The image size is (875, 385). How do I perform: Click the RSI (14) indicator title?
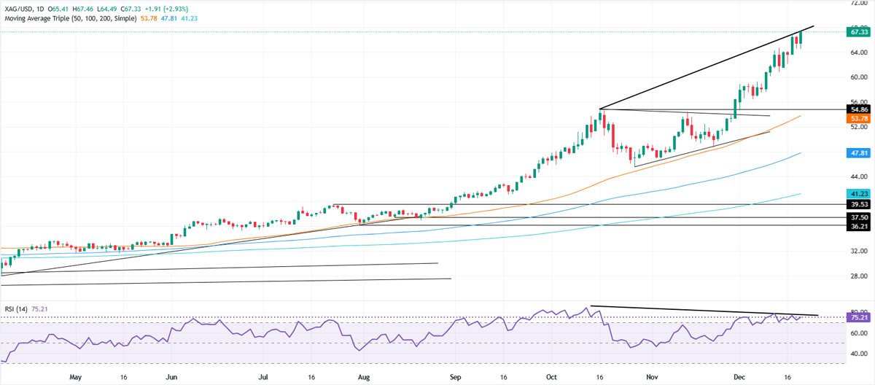tap(18, 308)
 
